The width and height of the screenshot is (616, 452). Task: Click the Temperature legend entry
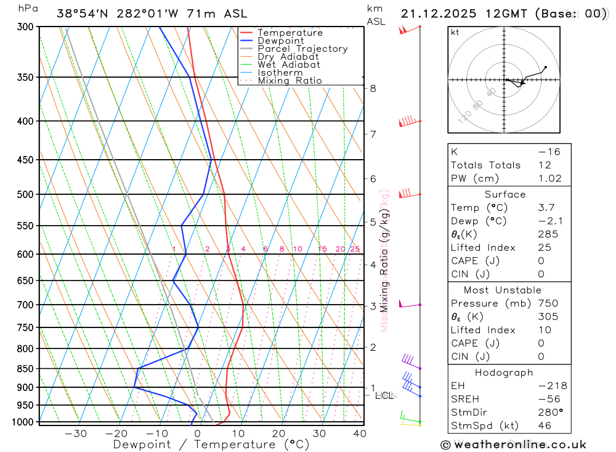point(290,33)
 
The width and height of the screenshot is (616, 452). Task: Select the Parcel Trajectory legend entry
point(302,49)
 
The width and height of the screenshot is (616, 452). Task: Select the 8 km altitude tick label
point(373,88)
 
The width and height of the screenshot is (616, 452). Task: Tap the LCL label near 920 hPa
point(384,395)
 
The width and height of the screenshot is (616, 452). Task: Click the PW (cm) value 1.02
point(549,179)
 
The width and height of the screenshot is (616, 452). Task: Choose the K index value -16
point(549,152)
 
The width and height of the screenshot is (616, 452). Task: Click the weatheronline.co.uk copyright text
point(513,445)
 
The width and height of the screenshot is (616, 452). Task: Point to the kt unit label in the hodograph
point(455,33)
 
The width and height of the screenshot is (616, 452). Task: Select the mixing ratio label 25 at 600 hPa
point(355,249)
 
